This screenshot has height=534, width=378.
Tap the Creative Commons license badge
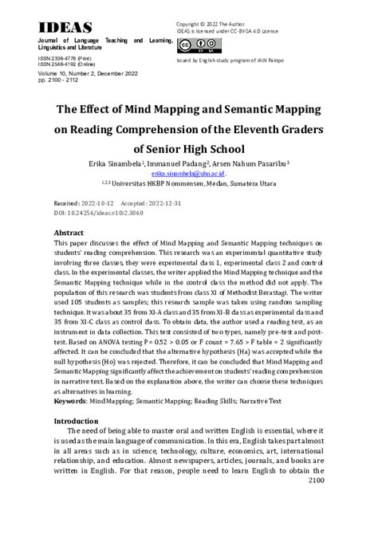[195, 45]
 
